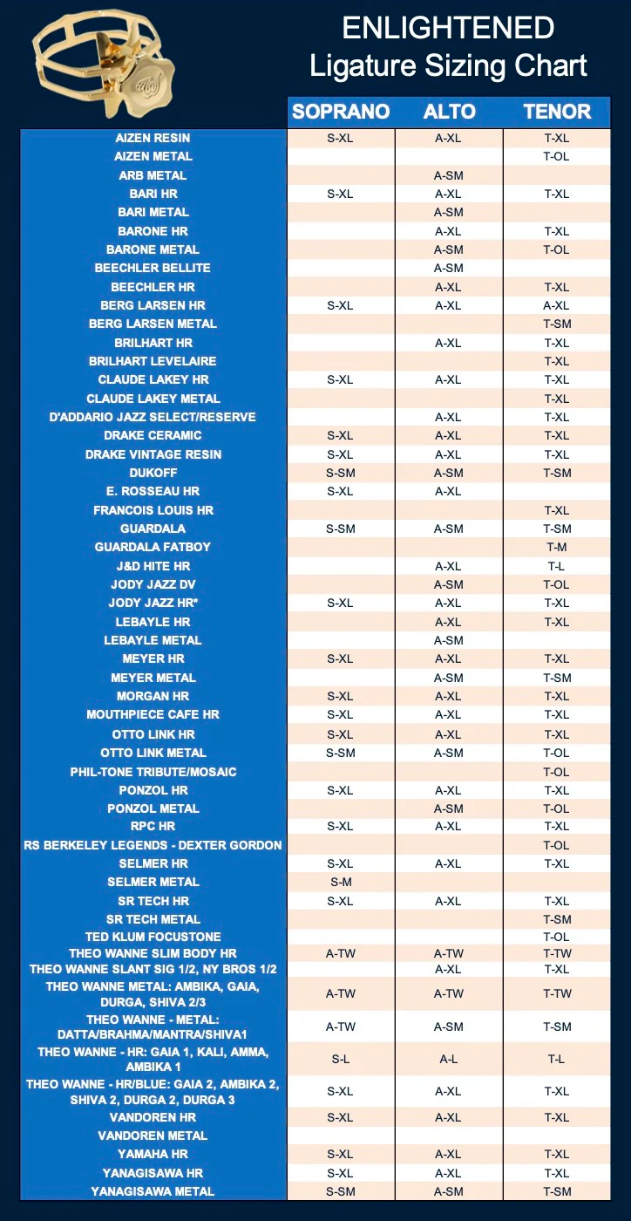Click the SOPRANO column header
(340, 112)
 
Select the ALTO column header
(449, 112)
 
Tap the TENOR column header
(557, 112)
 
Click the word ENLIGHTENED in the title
(448, 29)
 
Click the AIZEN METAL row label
(153, 157)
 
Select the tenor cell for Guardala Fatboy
(557, 547)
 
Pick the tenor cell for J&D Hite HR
(557, 566)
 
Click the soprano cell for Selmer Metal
(340, 882)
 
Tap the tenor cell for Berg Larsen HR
(557, 305)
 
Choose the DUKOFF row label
(153, 473)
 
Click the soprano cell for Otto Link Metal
(340, 753)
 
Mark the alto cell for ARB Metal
(449, 175)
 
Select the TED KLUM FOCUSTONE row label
(153, 937)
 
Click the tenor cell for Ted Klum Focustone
(557, 937)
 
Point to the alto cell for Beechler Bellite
(449, 268)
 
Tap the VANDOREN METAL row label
(153, 1136)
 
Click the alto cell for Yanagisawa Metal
(449, 1191)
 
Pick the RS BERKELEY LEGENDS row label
(153, 845)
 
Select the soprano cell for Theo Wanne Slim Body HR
(340, 953)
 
